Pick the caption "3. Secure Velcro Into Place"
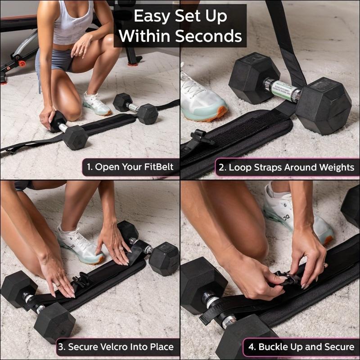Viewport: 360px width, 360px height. (115, 347)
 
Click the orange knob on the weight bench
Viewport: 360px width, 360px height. (20, 63)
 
